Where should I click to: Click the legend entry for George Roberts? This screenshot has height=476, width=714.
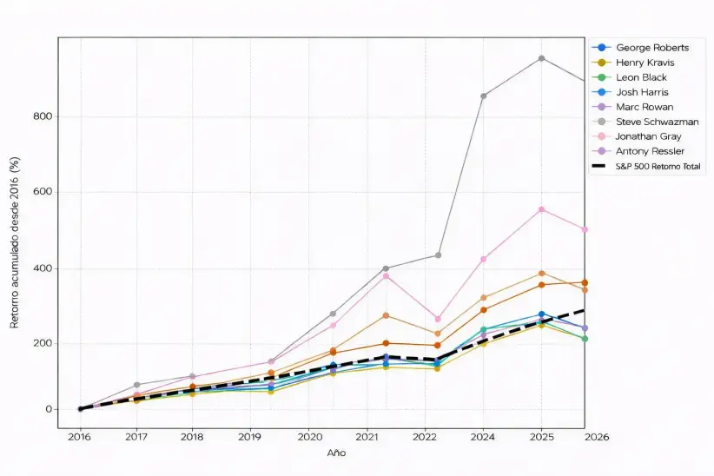coord(651,48)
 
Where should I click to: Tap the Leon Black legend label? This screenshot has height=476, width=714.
coord(642,77)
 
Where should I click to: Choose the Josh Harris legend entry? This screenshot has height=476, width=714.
coord(642,92)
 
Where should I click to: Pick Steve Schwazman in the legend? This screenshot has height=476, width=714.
coord(657,122)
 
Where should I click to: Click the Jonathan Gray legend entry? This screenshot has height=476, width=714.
coord(649,136)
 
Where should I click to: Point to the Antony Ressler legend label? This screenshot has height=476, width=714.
coord(651,151)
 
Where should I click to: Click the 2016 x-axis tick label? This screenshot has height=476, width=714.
coord(80,437)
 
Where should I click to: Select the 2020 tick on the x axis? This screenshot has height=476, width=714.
coord(309,437)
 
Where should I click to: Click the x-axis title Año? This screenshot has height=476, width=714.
coord(336,453)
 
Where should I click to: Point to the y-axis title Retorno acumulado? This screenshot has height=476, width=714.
coord(15,261)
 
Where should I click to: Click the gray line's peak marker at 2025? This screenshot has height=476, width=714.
coord(541,58)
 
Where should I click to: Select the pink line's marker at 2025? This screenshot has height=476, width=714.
coord(541,209)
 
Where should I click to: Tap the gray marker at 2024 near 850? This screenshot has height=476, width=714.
coord(483,96)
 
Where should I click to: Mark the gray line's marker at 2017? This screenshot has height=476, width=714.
coord(136,385)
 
